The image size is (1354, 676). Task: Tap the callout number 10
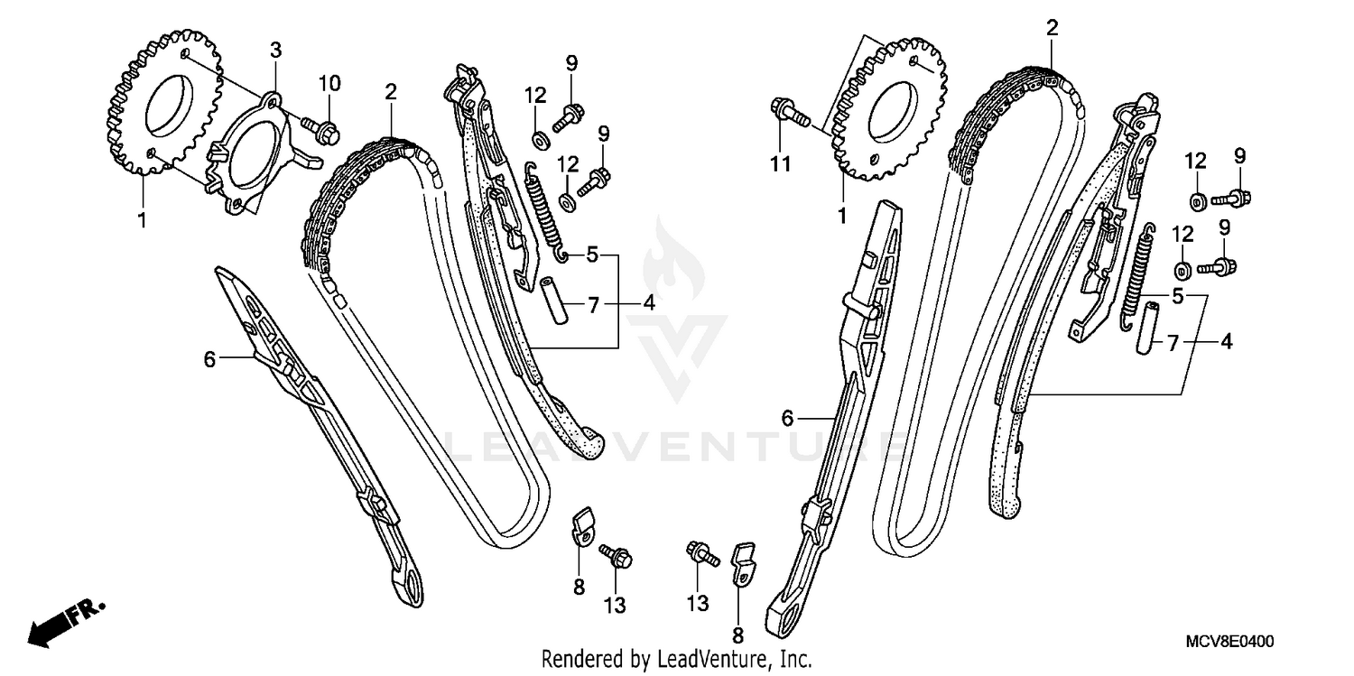click(x=329, y=84)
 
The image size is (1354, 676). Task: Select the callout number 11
click(x=780, y=163)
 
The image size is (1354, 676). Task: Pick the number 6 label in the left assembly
click(x=209, y=359)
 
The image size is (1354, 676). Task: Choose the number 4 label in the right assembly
click(x=1226, y=343)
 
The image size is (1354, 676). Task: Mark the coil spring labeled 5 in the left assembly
click(x=545, y=213)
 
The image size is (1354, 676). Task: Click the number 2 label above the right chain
click(x=1052, y=28)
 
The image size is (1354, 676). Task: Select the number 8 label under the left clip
click(x=579, y=588)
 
